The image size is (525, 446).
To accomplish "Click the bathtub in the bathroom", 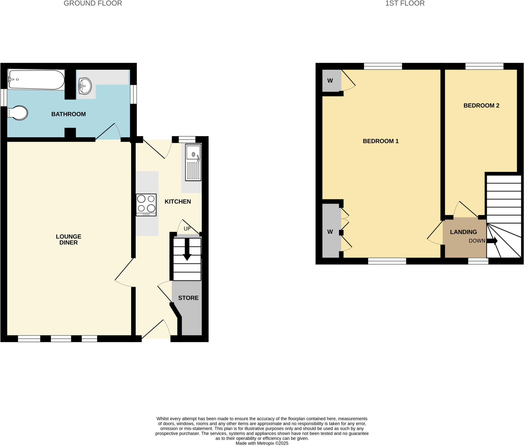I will (36, 80).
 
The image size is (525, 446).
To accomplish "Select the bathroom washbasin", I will (85, 86).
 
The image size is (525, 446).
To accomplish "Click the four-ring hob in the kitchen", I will (146, 205).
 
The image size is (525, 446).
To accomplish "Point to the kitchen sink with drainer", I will (193, 162).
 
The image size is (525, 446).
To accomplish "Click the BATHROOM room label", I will (68, 114).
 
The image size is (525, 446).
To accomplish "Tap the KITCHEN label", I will (178, 201).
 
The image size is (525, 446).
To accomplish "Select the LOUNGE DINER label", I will (68, 239).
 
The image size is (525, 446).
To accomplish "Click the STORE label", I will (188, 298).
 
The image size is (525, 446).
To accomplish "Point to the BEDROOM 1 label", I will (381, 141).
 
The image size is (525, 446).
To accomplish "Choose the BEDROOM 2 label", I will (481, 105).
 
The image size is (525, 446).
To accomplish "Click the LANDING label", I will (463, 232).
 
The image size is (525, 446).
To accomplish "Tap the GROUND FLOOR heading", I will (93, 3).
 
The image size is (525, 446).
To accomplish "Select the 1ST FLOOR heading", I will (405, 3).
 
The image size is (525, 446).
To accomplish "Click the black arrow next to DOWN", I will (492, 241).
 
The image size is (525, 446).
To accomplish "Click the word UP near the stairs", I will (187, 229).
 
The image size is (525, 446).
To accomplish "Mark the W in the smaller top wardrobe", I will (330, 81).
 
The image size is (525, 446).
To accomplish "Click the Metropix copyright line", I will (262, 443).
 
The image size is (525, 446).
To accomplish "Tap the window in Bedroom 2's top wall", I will (484, 66).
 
